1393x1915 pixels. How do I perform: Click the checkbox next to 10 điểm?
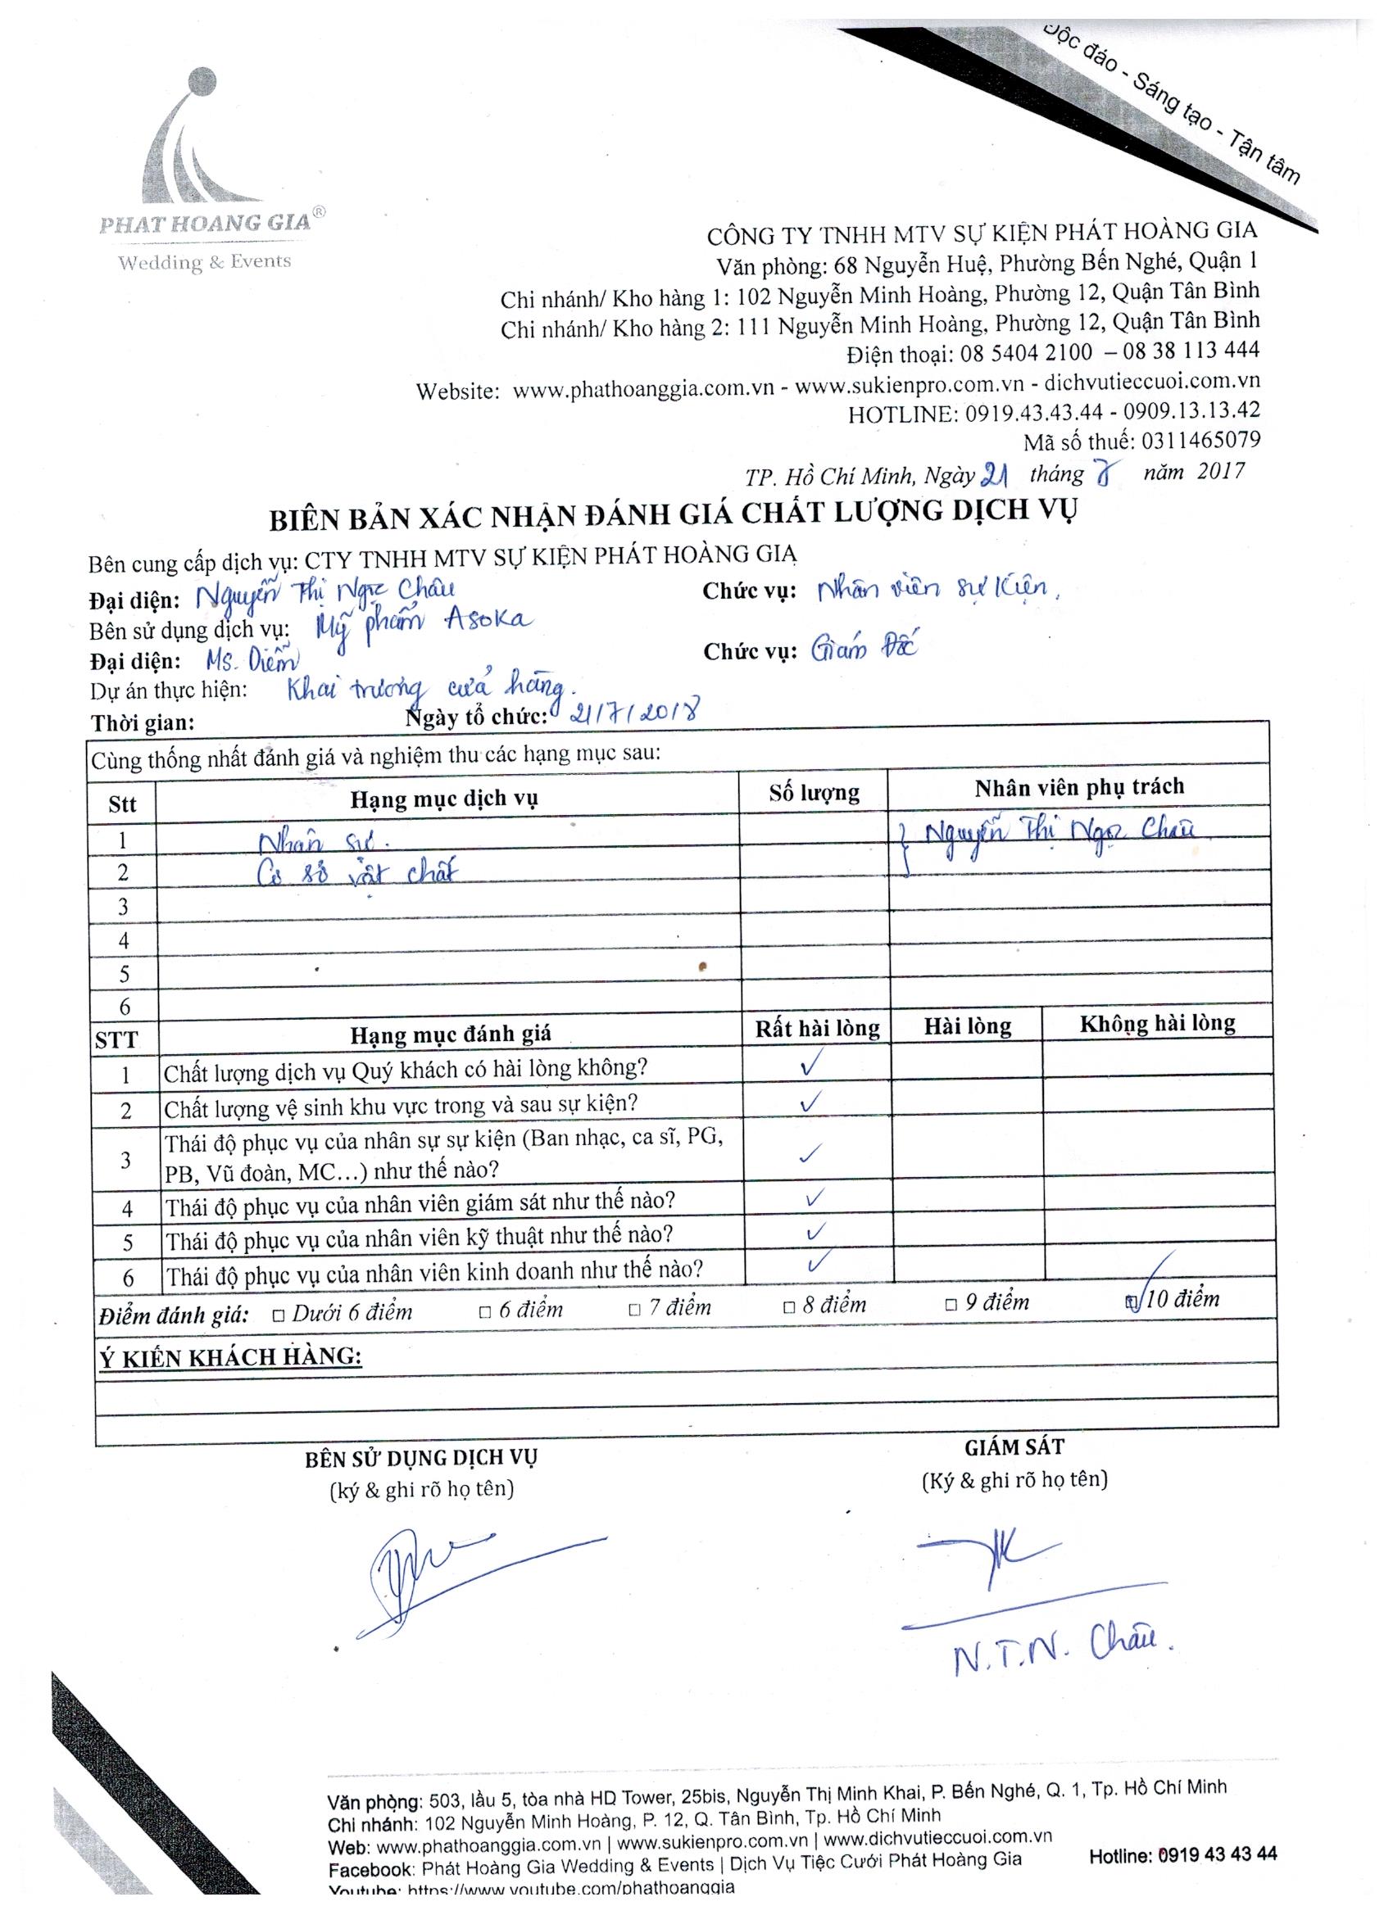click(1131, 1302)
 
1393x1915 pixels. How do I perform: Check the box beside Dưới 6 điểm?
click(279, 1315)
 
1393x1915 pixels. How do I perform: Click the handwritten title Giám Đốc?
click(863, 649)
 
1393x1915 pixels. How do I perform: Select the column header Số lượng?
click(814, 793)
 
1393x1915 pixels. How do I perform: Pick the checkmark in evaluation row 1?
click(810, 1065)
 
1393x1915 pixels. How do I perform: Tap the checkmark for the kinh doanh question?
click(815, 1263)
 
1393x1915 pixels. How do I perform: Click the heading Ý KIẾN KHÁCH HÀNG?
click(229, 1357)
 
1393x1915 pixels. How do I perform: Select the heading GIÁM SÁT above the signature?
click(1013, 1447)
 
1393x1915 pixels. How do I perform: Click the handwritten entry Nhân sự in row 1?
click(324, 841)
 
